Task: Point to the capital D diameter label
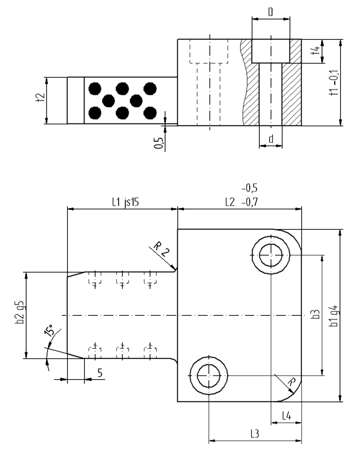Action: click(271, 11)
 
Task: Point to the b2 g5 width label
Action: click(20, 316)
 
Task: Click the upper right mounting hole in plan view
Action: click(270, 255)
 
